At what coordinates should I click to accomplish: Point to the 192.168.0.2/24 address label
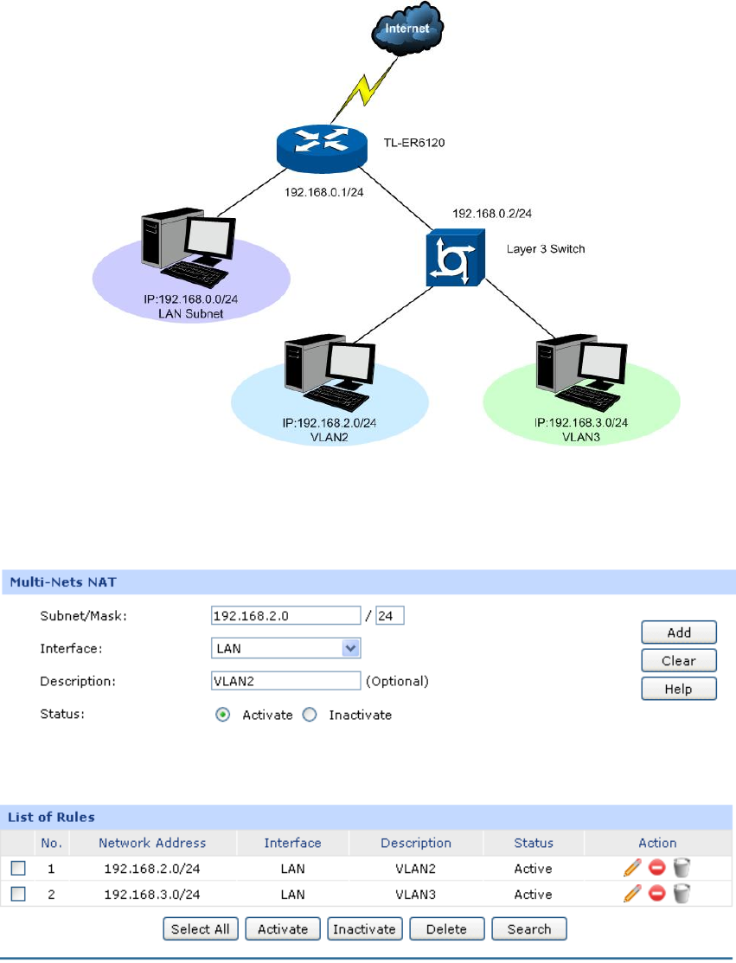492,213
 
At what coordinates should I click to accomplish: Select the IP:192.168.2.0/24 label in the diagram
329,424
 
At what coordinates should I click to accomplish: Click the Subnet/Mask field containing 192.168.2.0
285,615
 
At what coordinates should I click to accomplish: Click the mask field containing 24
390,615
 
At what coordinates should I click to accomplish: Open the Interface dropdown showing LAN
285,648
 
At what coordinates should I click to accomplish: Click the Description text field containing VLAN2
285,681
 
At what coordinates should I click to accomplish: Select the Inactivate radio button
310,716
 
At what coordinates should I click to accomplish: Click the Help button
679,688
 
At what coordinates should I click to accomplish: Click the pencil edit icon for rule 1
631,869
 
